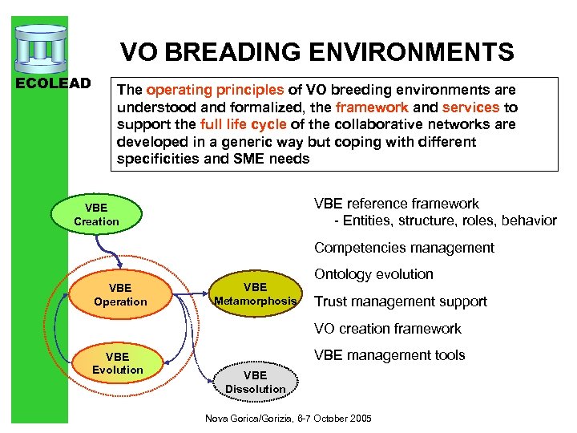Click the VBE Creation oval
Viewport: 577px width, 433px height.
[x=96, y=215]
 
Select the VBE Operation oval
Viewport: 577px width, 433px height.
[x=120, y=295]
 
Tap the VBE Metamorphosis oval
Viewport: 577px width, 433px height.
[x=255, y=294]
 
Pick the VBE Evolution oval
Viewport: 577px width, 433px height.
[x=117, y=363]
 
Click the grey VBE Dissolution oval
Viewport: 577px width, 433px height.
[x=255, y=382]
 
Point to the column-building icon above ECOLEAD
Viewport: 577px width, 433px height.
[x=42, y=48]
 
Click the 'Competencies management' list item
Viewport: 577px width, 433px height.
[x=404, y=248]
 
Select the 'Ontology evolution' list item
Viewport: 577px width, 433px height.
[x=373, y=274]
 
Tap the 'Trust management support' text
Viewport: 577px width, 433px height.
[x=400, y=301]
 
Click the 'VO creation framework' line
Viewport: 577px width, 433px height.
[x=387, y=329]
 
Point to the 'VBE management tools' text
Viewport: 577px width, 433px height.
[x=389, y=355]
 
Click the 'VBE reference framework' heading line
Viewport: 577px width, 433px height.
[x=396, y=204]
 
